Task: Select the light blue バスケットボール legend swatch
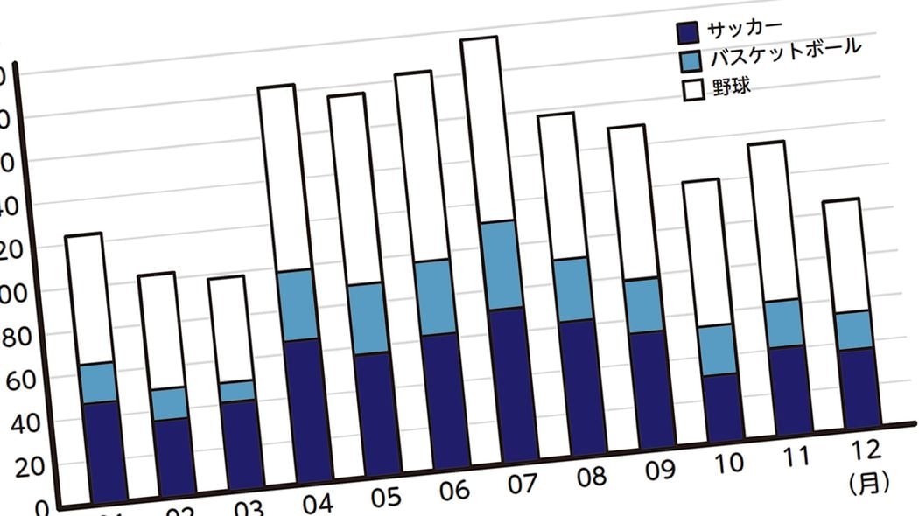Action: [x=690, y=61]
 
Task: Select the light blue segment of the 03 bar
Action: [x=235, y=391]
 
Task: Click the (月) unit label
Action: [x=869, y=481]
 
